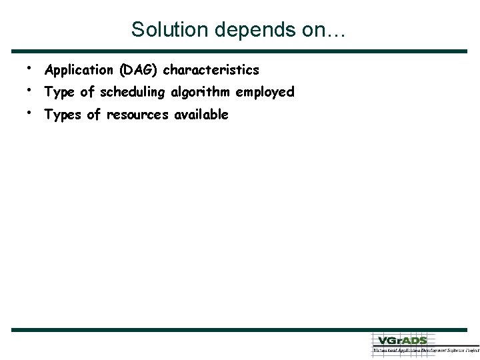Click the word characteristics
(211, 70)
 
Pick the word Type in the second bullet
(59, 93)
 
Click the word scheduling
(133, 93)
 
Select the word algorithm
(201, 93)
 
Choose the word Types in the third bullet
(63, 115)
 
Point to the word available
(201, 115)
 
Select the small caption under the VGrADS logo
(425, 349)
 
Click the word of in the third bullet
(93, 115)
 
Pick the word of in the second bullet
(87, 93)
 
